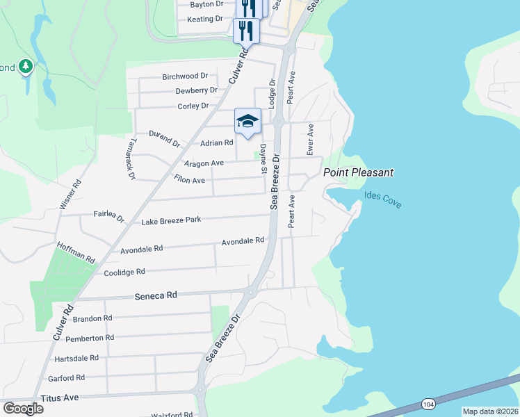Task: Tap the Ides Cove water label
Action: [x=382, y=199]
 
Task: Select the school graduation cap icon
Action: [x=247, y=122]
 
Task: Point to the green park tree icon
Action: [x=26, y=67]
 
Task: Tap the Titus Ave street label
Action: [x=61, y=398]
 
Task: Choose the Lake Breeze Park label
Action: [x=171, y=220]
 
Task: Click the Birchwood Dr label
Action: [x=185, y=76]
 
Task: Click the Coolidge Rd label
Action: [x=124, y=272]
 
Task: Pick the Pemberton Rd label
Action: [x=90, y=338]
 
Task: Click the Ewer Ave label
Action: [x=311, y=139]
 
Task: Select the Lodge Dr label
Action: [x=273, y=91]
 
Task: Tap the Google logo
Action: [x=23, y=409]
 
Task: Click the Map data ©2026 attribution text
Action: [x=489, y=411]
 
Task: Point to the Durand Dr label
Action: [x=165, y=138]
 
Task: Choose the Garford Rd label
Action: [x=66, y=378]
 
